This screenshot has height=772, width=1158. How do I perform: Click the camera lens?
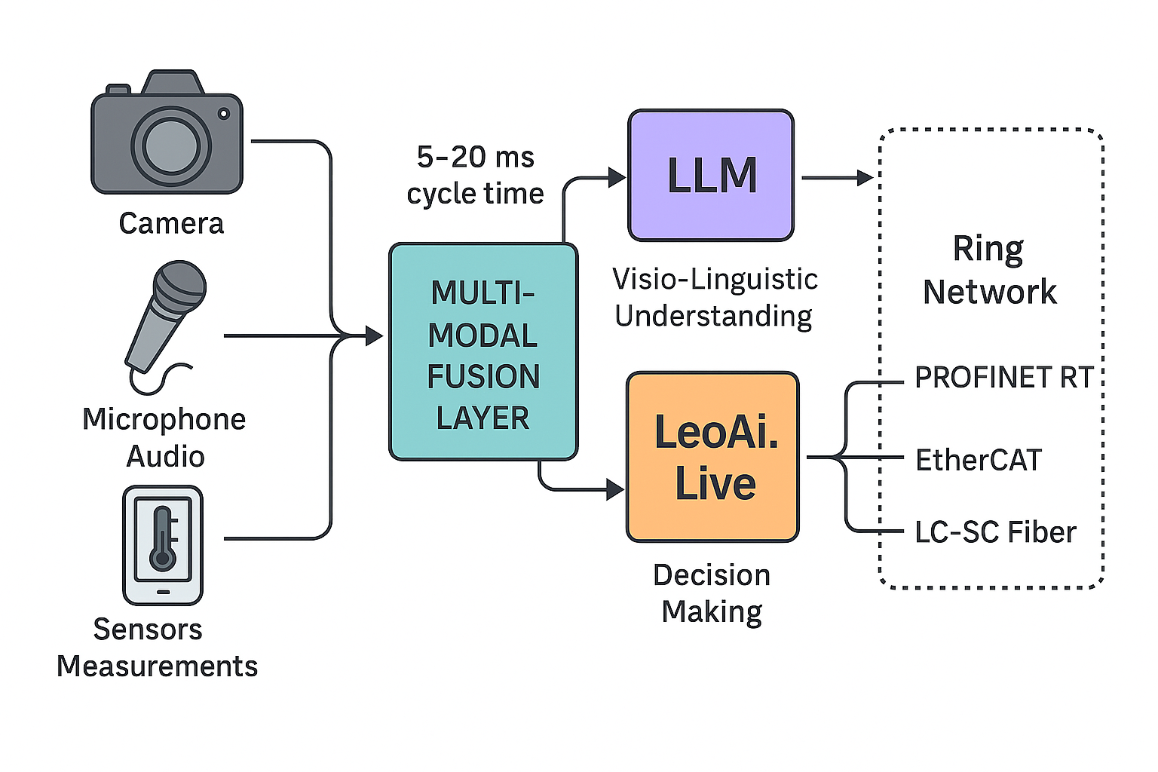coord(171,146)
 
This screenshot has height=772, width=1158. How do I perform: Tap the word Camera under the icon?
coord(171,224)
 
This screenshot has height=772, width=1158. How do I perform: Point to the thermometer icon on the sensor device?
coord(163,538)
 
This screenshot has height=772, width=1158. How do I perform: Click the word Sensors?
coord(148,630)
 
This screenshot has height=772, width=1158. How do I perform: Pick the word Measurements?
coord(157,666)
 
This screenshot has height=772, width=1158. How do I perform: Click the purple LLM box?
coord(711,176)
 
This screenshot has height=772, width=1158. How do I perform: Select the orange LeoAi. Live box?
coord(712,457)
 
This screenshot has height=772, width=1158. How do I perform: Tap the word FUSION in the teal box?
coord(483,377)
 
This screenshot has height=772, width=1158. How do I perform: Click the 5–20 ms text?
coord(475,158)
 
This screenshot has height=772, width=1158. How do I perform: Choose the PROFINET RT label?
coord(1003,378)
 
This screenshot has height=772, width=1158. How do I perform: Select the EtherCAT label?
coord(979,460)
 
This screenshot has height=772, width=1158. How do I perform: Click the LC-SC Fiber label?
coord(995,532)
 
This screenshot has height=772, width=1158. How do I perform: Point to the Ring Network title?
coord(989,270)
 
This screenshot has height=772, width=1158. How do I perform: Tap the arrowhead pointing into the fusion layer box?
coord(375,335)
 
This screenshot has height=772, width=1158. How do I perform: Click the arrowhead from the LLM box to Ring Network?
coord(865,178)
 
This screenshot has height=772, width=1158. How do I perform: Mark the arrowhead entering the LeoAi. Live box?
coord(615,490)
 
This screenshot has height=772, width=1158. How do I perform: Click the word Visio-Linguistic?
coord(715,280)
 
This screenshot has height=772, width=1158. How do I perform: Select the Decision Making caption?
coord(712,593)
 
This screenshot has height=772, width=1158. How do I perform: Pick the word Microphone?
coord(164,419)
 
